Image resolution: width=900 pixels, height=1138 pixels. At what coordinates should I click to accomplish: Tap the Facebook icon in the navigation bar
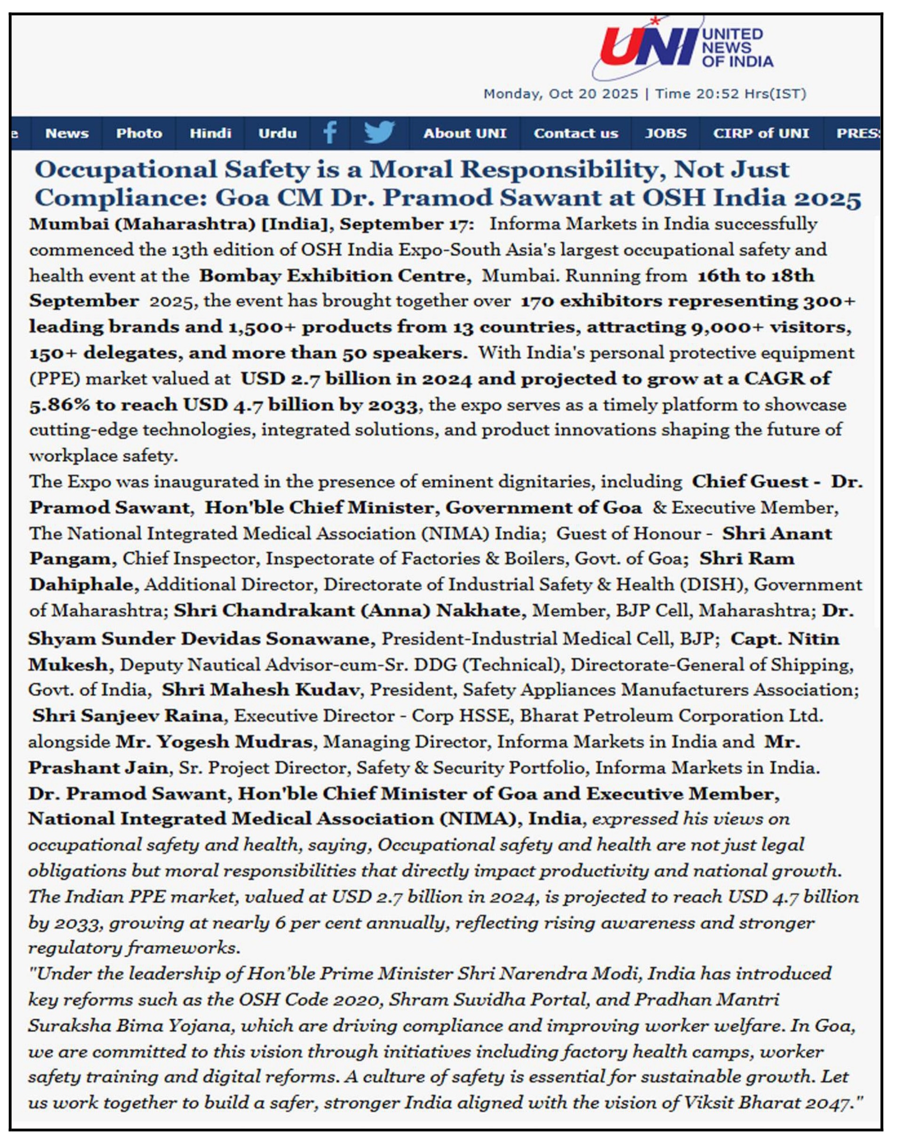(x=330, y=132)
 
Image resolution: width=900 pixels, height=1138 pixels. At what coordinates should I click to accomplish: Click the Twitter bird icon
(x=379, y=132)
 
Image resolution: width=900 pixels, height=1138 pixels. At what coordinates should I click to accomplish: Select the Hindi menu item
(x=210, y=133)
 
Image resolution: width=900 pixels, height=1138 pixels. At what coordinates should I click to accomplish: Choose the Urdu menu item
(x=277, y=133)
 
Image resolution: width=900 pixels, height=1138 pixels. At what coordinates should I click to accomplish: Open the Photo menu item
(x=139, y=133)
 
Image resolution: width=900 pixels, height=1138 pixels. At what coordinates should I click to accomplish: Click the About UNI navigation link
(x=464, y=133)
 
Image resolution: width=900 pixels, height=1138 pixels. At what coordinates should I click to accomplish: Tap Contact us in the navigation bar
(x=575, y=133)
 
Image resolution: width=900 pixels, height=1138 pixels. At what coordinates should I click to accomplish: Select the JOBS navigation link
(x=666, y=133)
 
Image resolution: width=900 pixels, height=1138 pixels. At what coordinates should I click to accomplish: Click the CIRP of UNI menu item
(x=760, y=133)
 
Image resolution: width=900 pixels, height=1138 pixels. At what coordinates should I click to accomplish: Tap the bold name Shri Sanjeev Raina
(x=127, y=716)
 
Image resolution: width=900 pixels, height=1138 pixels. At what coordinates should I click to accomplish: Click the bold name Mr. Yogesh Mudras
(x=214, y=742)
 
